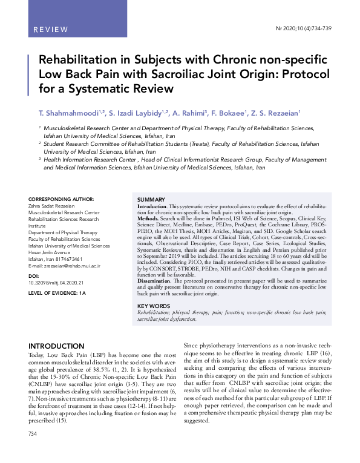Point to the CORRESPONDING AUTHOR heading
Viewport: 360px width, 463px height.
tap(61, 199)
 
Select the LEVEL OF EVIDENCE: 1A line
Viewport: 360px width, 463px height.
tap(57, 294)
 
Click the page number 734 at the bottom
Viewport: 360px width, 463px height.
tap(34, 452)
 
